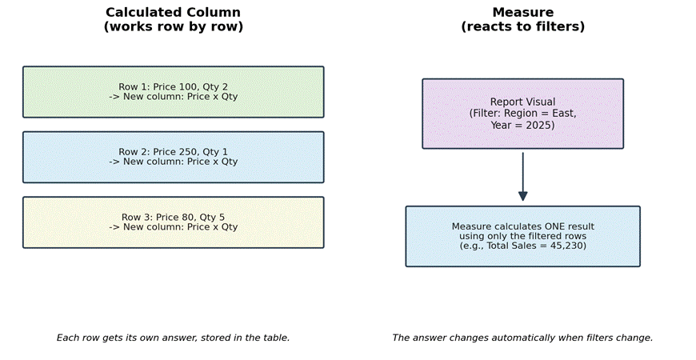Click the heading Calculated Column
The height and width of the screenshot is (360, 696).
173,13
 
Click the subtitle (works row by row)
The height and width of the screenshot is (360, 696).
173,26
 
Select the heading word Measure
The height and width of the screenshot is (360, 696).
523,13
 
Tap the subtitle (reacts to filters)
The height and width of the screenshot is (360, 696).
523,26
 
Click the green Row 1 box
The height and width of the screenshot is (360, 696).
173,92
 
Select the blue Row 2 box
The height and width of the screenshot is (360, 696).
173,157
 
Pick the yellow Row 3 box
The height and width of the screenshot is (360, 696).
173,222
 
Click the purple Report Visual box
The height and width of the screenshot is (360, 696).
523,114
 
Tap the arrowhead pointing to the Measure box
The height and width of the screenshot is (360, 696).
523,196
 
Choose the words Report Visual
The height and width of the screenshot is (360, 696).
523,102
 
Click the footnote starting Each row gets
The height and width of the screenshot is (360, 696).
173,338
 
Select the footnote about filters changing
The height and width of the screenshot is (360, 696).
522,338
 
